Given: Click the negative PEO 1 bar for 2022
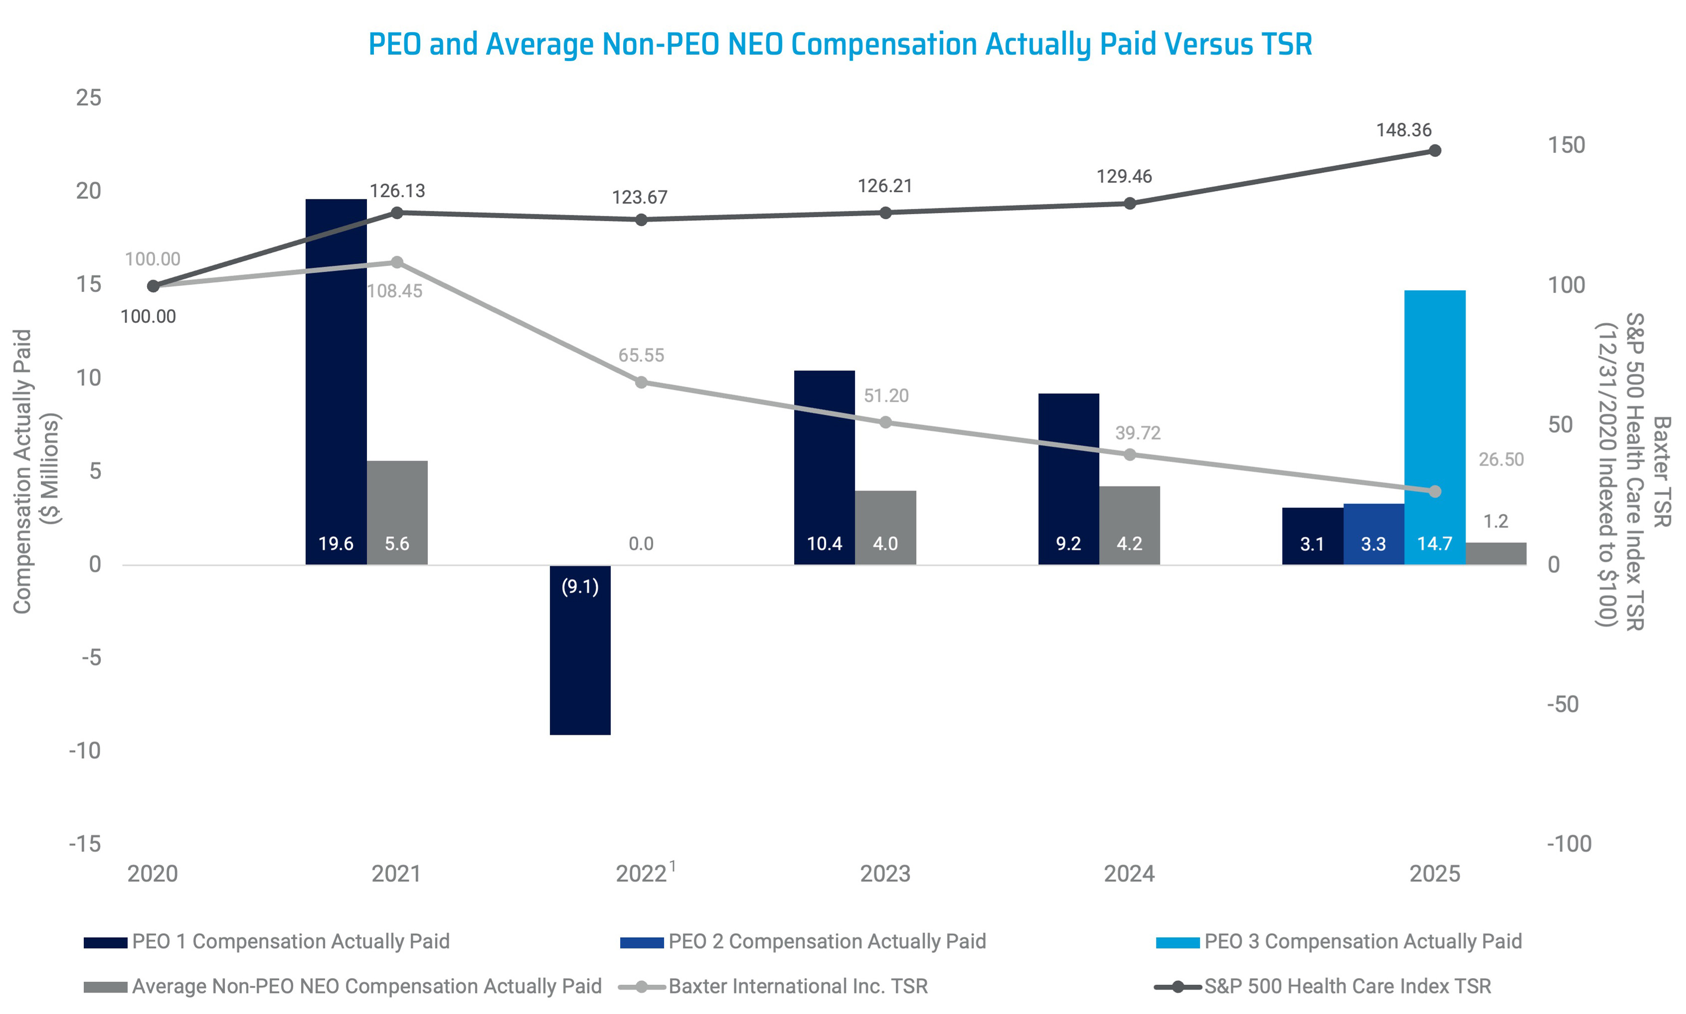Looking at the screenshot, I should tap(580, 649).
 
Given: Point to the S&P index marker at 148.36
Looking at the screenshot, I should tap(1435, 150).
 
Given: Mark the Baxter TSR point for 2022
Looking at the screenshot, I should tap(641, 383).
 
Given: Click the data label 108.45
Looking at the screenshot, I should tap(394, 291).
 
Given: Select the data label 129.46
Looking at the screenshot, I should tap(1124, 176).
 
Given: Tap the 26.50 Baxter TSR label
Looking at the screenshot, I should tap(1501, 459).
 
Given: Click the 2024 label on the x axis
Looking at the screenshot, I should tap(1129, 873).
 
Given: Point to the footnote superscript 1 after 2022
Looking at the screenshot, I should tap(673, 866).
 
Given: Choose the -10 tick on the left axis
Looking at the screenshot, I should tap(85, 750).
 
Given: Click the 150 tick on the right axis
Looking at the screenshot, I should tap(1566, 145).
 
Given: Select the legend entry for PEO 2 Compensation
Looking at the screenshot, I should tap(827, 941).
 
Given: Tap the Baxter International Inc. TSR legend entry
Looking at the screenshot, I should tap(798, 986).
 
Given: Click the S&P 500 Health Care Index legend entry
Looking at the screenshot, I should tap(1347, 986).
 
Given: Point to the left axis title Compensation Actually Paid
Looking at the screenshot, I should tap(22, 471).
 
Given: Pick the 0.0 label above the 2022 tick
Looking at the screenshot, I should tap(641, 544).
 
